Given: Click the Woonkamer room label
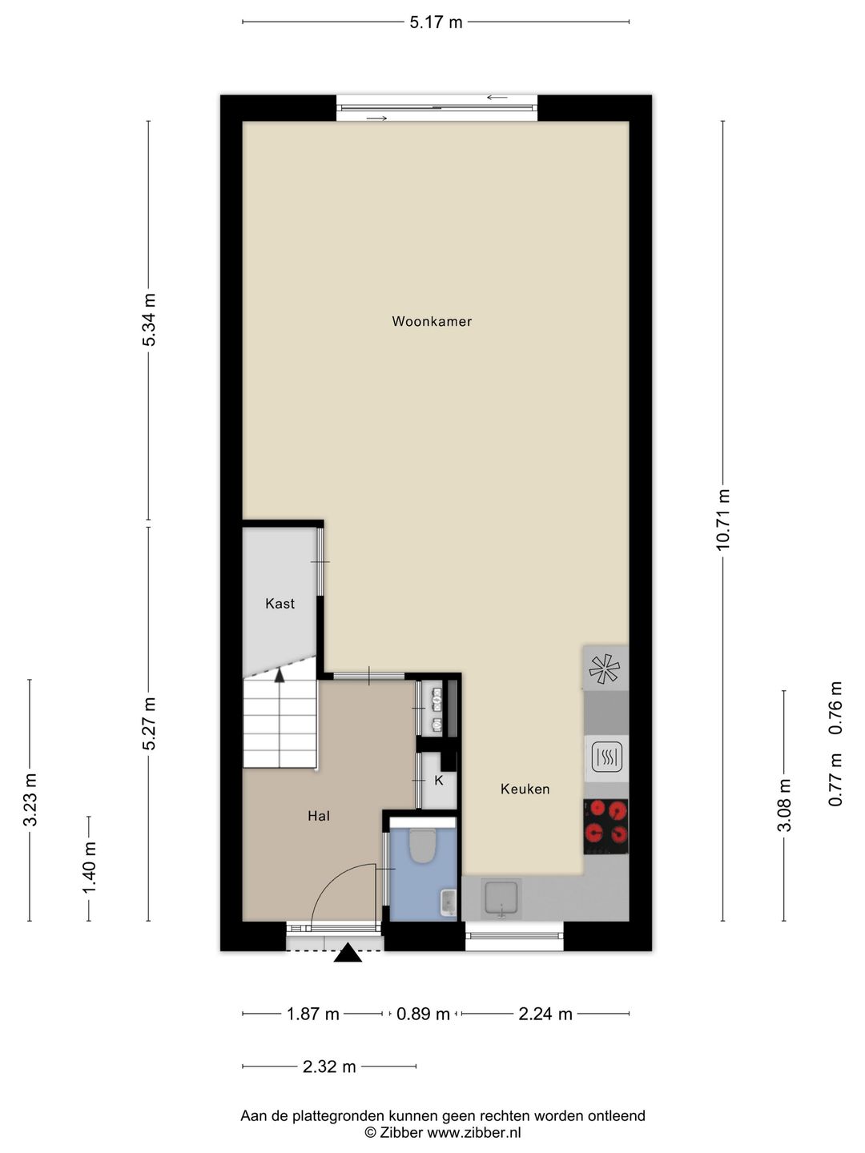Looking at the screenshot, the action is pyautogui.click(x=432, y=321).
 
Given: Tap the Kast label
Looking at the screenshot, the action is pyautogui.click(x=280, y=604).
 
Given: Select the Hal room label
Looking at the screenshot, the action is pyautogui.click(x=319, y=816).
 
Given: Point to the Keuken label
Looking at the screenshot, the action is pyautogui.click(x=525, y=789).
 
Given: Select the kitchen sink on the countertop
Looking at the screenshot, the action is pyautogui.click(x=501, y=898).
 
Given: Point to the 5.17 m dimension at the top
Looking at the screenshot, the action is pyautogui.click(x=436, y=22).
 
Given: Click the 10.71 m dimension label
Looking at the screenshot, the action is pyautogui.click(x=722, y=520).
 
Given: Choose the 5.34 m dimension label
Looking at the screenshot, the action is pyautogui.click(x=149, y=319).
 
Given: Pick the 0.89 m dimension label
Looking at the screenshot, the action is pyautogui.click(x=423, y=1014).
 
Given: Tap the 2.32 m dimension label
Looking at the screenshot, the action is pyautogui.click(x=329, y=1067).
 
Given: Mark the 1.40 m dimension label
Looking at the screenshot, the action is pyautogui.click(x=88, y=866).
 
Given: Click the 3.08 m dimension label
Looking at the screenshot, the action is pyautogui.click(x=783, y=805).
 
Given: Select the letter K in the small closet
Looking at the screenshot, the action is pyautogui.click(x=439, y=781).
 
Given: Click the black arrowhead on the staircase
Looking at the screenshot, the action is pyautogui.click(x=280, y=675).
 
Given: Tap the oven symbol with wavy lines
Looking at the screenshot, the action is pyautogui.click(x=606, y=757).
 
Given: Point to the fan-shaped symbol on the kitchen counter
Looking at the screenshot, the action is pyautogui.click(x=605, y=669).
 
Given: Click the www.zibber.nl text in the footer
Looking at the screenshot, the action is pyautogui.click(x=473, y=1132).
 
